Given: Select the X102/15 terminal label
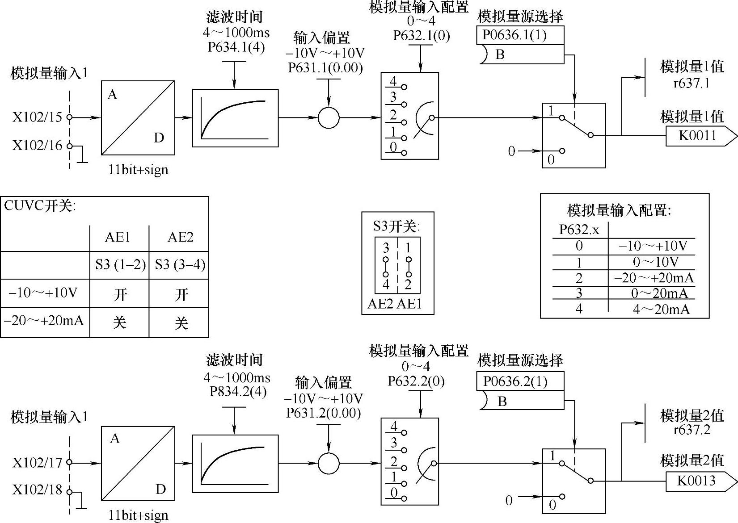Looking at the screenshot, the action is tap(37, 117).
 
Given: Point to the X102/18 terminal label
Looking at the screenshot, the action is tap(37, 490).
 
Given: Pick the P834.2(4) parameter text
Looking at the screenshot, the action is tap(238, 392).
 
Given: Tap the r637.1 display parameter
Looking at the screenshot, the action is tap(692, 83).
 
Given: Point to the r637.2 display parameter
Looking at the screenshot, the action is tap(692, 430).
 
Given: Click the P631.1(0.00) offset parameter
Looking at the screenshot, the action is tap(325, 68).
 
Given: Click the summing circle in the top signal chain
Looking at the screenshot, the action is tap(329, 117).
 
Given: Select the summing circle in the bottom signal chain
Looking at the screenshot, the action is tap(329, 464).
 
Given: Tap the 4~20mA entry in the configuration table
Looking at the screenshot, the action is tap(661, 310).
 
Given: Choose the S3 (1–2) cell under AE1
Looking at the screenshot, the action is tap(120, 265).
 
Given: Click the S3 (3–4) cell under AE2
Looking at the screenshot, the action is tap(180, 265).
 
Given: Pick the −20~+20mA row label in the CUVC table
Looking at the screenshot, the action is tap(44, 321).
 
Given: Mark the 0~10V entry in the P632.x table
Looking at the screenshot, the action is tap(656, 262).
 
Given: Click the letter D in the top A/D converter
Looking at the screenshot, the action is tap(159, 138).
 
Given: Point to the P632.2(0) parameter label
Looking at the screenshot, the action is tap(416, 381).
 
